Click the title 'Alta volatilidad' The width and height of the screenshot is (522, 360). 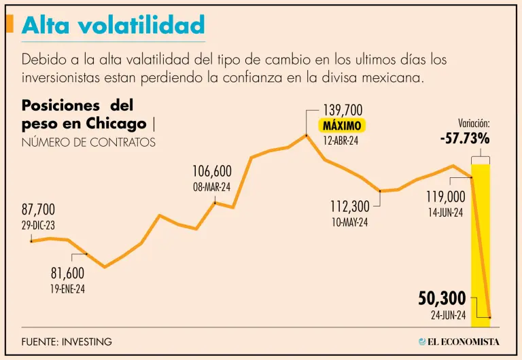tap(113, 25)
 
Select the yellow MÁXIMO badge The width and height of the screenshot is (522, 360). tap(342, 126)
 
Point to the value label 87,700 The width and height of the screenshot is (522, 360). tap(38, 209)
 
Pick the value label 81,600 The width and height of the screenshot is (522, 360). tap(67, 273)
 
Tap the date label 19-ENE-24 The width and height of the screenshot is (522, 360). tap(68, 289)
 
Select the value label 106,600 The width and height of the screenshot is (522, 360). tap(212, 171)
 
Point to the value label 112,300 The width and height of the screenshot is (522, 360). tap(349, 206)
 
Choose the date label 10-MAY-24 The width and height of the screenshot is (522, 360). tap(349, 221)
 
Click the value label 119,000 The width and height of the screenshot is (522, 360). tap(446, 196)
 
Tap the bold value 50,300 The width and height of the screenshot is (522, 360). tap(442, 298)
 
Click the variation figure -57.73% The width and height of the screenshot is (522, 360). tap(465, 139)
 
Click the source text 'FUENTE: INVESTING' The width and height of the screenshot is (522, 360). tap(67, 342)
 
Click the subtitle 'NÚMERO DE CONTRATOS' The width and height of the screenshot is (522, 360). tap(88, 142)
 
